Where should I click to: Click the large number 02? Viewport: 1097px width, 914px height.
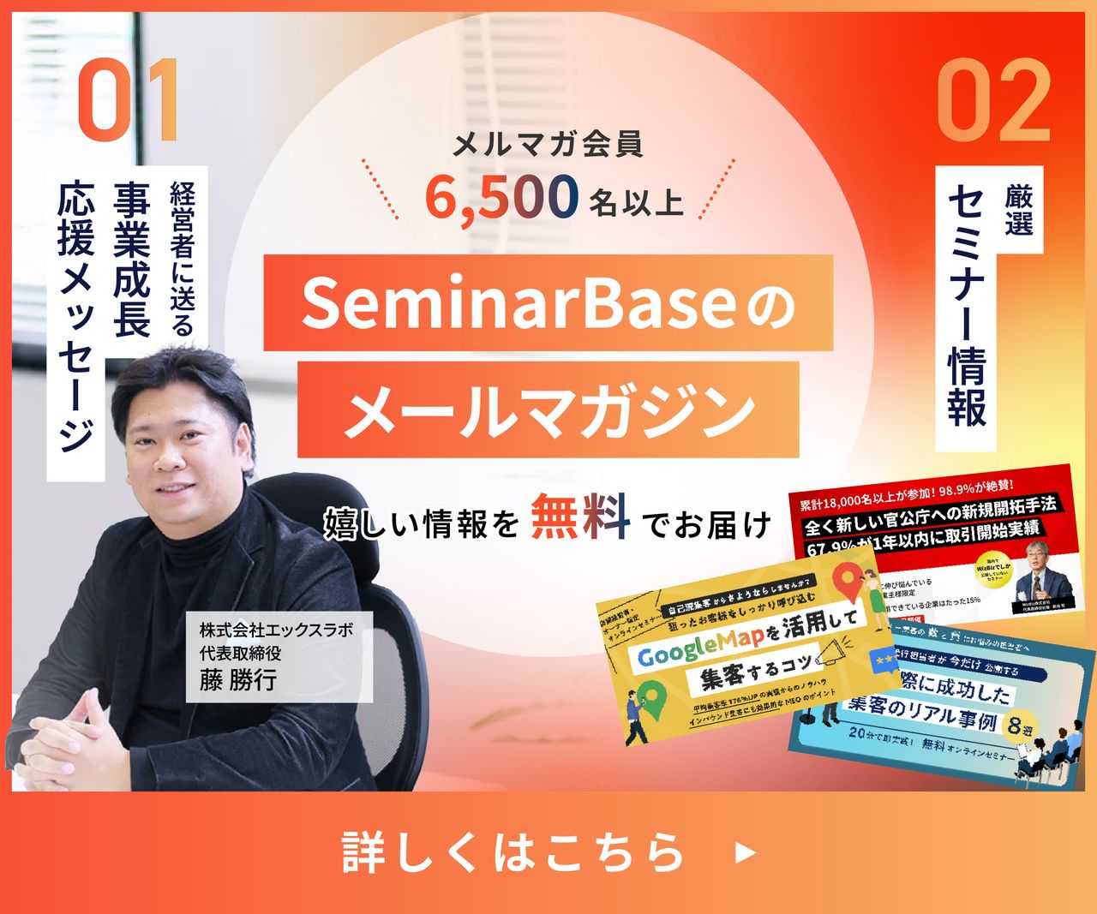point(994,101)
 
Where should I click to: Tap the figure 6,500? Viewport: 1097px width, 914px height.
point(501,196)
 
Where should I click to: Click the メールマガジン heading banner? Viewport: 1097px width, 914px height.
point(548,409)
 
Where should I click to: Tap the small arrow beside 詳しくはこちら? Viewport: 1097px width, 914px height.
point(746,852)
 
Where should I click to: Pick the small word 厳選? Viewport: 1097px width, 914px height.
point(1020,211)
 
